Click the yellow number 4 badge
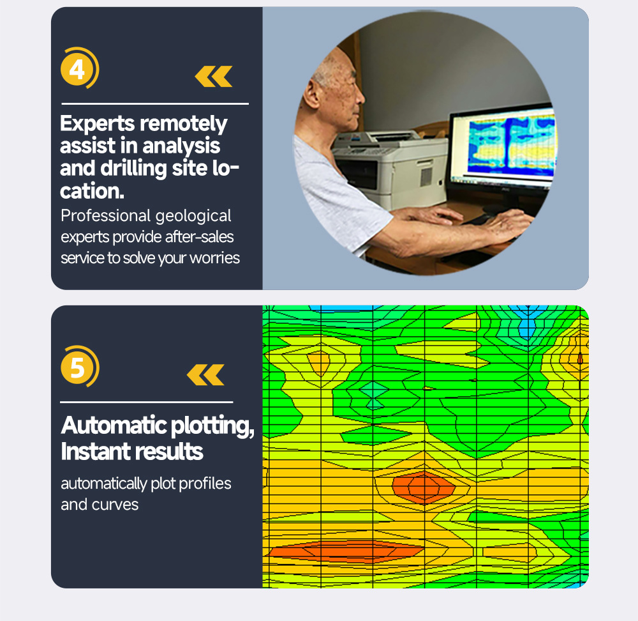pos(79,68)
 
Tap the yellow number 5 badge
pos(79,366)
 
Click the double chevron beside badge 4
pos(214,76)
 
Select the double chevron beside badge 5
pos(205,374)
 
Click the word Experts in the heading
pos(97,123)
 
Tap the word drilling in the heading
pos(133,169)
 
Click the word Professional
pos(106,215)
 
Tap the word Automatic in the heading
pos(114,425)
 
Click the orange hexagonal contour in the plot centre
pos(424,486)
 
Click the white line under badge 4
pos(155,104)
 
